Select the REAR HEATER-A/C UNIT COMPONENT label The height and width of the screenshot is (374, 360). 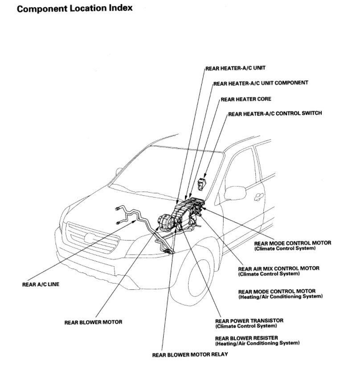coord(261,83)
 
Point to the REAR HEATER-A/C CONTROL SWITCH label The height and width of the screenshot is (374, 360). coord(275,114)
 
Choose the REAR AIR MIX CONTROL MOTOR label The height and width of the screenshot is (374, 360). coord(279,268)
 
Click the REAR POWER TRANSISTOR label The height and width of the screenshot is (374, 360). coord(249,321)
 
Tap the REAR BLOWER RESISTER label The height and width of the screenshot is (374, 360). coord(248,338)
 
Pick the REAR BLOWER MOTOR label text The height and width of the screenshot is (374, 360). coord(93,321)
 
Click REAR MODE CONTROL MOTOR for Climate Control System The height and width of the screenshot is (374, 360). coord(293,243)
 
